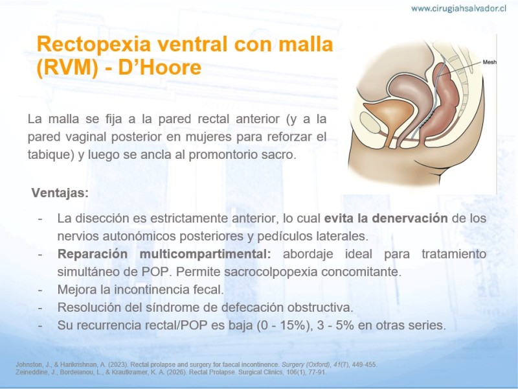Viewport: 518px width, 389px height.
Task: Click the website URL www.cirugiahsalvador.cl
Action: click(458, 8)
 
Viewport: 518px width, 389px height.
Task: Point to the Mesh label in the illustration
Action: click(490, 62)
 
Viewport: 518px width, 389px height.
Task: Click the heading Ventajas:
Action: click(60, 193)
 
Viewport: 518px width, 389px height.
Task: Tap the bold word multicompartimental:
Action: click(205, 254)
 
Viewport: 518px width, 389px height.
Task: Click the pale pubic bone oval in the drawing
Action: click(372, 123)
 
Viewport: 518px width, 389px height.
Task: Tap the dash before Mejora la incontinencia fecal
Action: click(40, 290)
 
